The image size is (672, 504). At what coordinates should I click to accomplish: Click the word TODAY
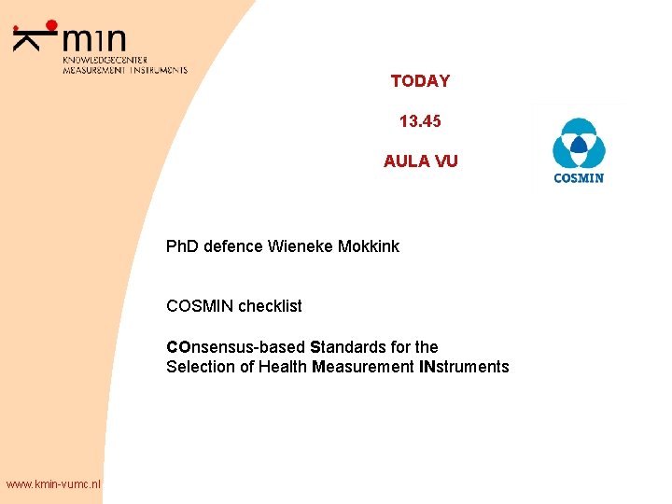pyautogui.click(x=420, y=81)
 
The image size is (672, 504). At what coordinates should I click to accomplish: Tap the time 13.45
pyautogui.click(x=420, y=121)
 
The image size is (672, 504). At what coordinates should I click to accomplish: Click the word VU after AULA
pyautogui.click(x=446, y=161)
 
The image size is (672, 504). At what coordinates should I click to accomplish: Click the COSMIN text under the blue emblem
pyautogui.click(x=579, y=177)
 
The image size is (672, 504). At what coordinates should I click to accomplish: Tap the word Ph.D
pyautogui.click(x=185, y=246)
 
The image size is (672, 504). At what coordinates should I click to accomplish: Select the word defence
pyautogui.click(x=235, y=246)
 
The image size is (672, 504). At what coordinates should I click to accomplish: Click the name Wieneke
pyautogui.click(x=299, y=246)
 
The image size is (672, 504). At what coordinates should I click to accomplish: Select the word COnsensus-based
pyautogui.click(x=236, y=347)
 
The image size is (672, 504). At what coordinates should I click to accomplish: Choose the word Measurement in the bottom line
pyautogui.click(x=364, y=367)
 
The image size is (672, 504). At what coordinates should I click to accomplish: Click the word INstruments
pyautogui.click(x=465, y=367)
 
